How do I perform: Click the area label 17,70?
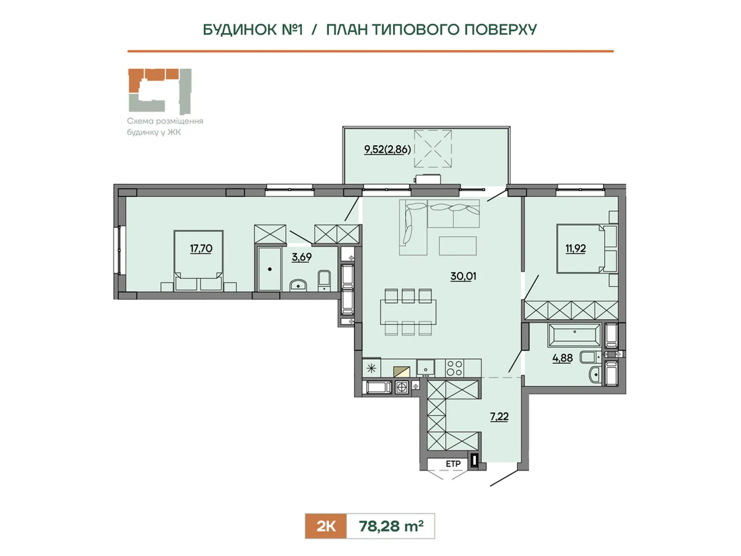(x=201, y=249)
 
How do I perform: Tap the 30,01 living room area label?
(x=463, y=276)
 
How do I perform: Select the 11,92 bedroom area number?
(x=576, y=249)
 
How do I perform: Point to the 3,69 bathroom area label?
(x=301, y=257)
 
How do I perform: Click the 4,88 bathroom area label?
(x=562, y=358)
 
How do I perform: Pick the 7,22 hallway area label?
(x=499, y=417)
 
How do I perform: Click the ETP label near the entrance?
(x=453, y=464)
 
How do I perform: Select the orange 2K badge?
(x=326, y=526)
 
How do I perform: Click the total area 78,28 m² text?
(x=391, y=526)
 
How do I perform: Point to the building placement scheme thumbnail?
(x=160, y=91)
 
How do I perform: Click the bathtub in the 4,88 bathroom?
(x=575, y=335)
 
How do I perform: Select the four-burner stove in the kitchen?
(x=454, y=368)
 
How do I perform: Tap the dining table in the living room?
(x=408, y=312)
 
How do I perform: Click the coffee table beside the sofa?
(x=458, y=246)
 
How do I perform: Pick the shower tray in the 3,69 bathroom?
(x=270, y=269)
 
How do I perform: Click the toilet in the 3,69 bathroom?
(x=324, y=280)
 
